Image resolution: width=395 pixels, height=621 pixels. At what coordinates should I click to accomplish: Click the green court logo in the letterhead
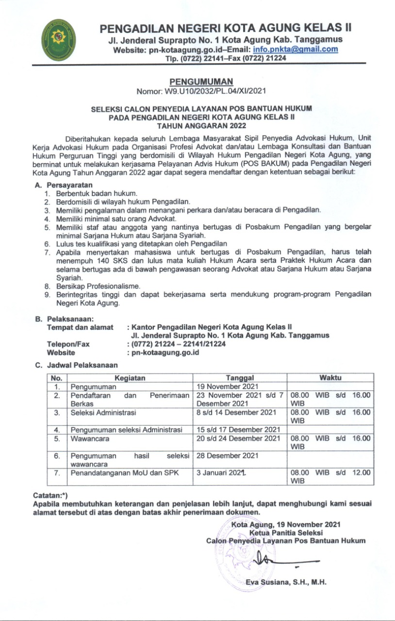click(x=58, y=40)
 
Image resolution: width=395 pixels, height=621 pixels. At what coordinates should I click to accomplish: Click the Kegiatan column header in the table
click(x=130, y=378)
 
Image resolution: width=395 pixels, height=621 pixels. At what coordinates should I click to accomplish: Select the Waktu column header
click(x=330, y=377)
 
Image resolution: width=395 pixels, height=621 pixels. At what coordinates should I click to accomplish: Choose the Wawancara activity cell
click(x=90, y=439)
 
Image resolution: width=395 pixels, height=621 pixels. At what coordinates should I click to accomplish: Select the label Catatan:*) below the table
click(x=50, y=495)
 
